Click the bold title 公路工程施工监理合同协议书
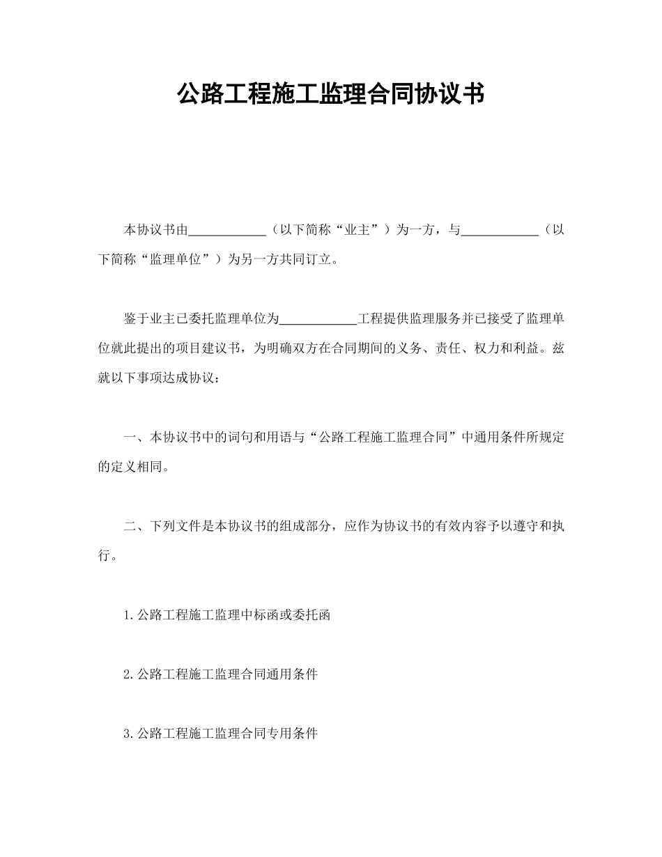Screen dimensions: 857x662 [330, 93]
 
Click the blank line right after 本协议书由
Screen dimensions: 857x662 [227, 230]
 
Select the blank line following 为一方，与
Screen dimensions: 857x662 [500, 230]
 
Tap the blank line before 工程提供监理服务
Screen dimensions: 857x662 [318, 319]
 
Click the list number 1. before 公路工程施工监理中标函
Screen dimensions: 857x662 [128, 615]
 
